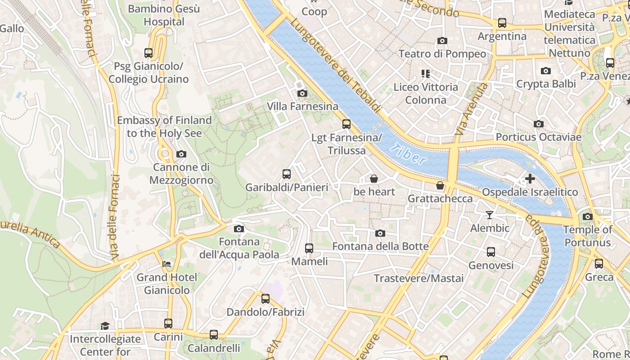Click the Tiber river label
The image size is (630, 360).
pos(408,154)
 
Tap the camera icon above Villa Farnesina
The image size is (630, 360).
pos(302,93)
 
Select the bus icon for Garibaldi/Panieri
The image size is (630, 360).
pos(287,174)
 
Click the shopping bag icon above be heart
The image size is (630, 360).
pos(373,179)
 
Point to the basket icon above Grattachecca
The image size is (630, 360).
pos(440,185)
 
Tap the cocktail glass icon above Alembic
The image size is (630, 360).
pos(490,215)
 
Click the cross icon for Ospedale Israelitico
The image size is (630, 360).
pos(530,179)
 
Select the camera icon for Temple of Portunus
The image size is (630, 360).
pos(587,217)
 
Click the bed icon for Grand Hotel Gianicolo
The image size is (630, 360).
pos(166,264)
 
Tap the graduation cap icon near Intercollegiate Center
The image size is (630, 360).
pos(105,326)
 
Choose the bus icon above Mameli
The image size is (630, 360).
pos(309,248)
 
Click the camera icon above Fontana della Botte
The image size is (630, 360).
pos(380,233)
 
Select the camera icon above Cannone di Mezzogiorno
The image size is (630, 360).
pos(181,154)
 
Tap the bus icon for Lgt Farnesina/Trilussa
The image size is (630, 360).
pos(346,124)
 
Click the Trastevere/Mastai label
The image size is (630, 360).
pos(418,279)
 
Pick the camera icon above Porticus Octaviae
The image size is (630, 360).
pos(538,124)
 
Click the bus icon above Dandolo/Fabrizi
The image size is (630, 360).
pos(265,298)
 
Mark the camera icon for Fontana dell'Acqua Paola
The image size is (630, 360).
pos(239,229)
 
